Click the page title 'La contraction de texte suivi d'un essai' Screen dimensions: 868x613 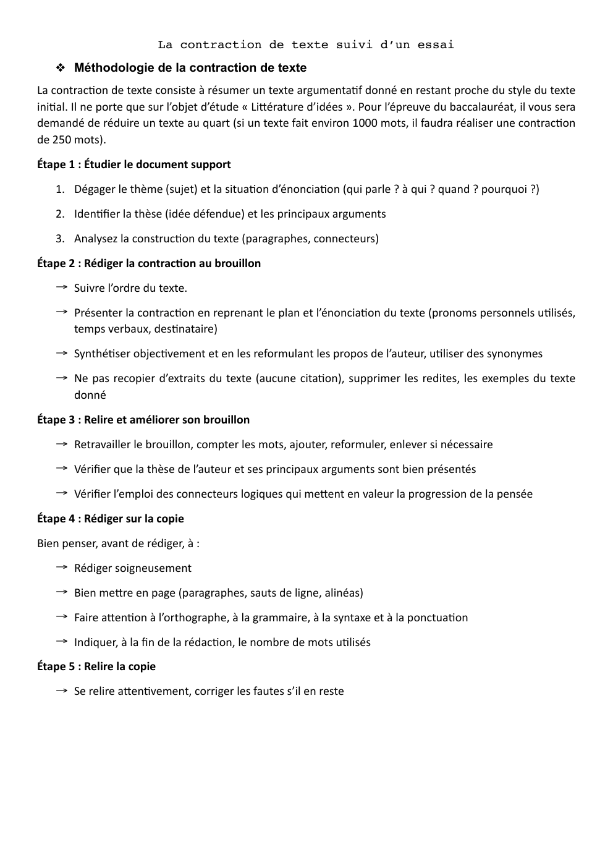coord(306,45)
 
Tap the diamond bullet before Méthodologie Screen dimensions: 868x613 coord(61,67)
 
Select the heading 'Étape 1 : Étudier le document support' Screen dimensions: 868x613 coord(134,164)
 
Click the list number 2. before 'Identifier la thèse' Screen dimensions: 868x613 coord(59,214)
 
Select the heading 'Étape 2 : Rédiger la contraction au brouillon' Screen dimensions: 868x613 coord(149,263)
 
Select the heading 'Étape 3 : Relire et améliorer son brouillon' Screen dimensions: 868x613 coord(143,420)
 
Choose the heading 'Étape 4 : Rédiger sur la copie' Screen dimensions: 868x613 coord(111,519)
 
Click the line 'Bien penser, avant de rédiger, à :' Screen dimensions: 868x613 coord(118,543)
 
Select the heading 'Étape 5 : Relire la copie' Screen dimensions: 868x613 coord(96,666)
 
